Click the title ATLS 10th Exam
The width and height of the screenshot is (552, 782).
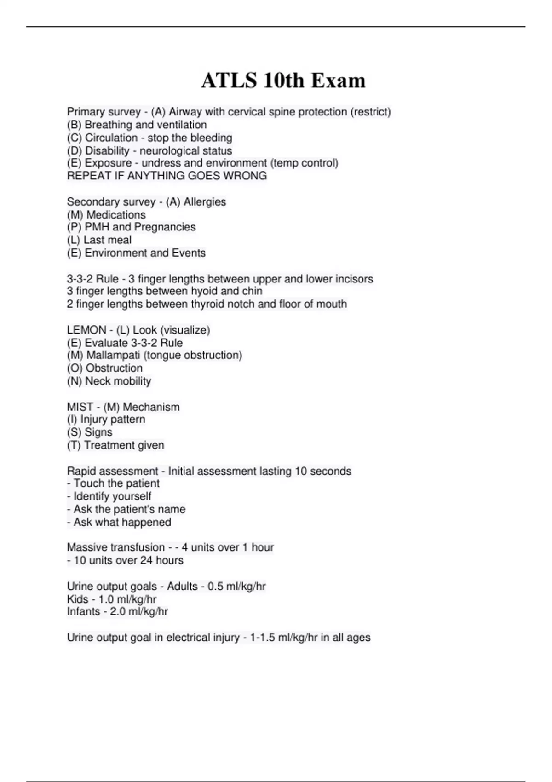click(x=283, y=80)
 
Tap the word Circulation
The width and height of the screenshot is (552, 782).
click(x=111, y=138)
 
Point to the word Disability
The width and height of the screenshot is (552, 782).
click(x=107, y=150)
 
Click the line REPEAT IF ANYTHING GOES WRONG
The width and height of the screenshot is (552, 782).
click(x=167, y=176)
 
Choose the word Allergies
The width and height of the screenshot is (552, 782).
click(x=205, y=201)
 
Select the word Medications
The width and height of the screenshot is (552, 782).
click(x=116, y=214)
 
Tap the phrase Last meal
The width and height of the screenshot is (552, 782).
click(x=107, y=240)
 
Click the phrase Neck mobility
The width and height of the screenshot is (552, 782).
click(x=118, y=381)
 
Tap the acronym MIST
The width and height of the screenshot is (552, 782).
click(x=80, y=407)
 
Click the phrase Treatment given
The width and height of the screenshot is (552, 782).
click(x=124, y=445)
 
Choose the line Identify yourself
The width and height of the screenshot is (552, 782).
click(x=112, y=496)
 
